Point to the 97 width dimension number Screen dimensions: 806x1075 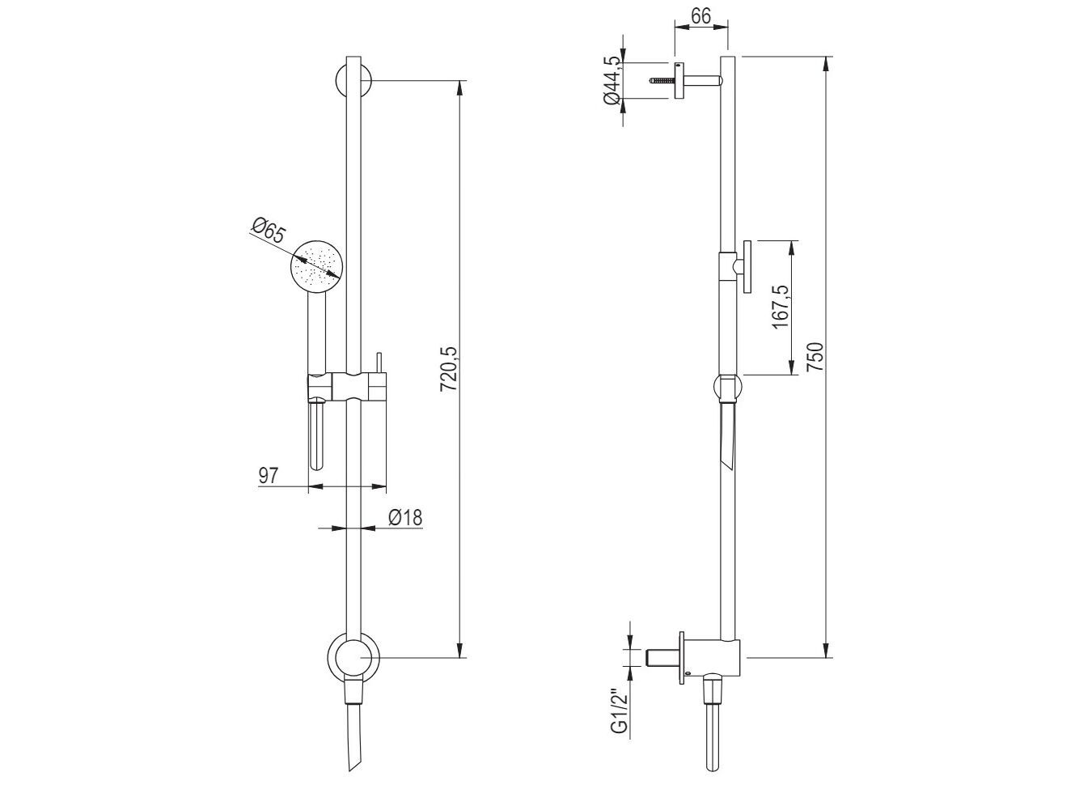(269, 476)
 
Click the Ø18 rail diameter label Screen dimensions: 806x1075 (404, 518)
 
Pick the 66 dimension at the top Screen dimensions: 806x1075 (701, 15)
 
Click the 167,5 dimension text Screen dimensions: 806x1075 (779, 308)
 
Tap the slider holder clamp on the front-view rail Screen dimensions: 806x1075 (348, 388)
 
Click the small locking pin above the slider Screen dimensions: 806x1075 (377, 363)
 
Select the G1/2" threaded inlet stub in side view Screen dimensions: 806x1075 (665, 656)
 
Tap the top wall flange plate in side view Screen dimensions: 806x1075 (679, 81)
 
